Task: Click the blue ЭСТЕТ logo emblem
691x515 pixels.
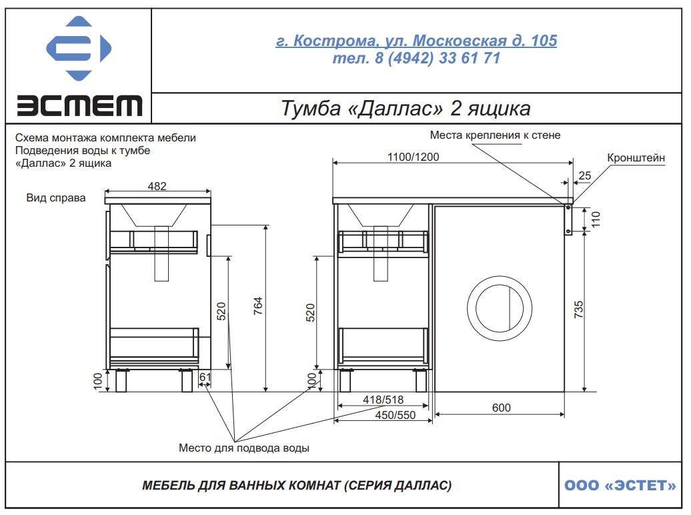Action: click(x=79, y=49)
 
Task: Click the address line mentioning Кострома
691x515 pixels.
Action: click(x=416, y=41)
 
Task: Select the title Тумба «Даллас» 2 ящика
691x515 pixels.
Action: click(x=406, y=108)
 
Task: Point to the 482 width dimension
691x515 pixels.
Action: click(x=157, y=186)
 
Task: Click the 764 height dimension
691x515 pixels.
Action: click(x=258, y=306)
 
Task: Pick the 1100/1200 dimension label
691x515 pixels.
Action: click(x=413, y=157)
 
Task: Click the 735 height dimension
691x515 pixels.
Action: click(x=579, y=310)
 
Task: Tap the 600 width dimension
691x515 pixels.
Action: click(x=501, y=408)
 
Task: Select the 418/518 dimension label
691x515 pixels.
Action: click(x=383, y=400)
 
